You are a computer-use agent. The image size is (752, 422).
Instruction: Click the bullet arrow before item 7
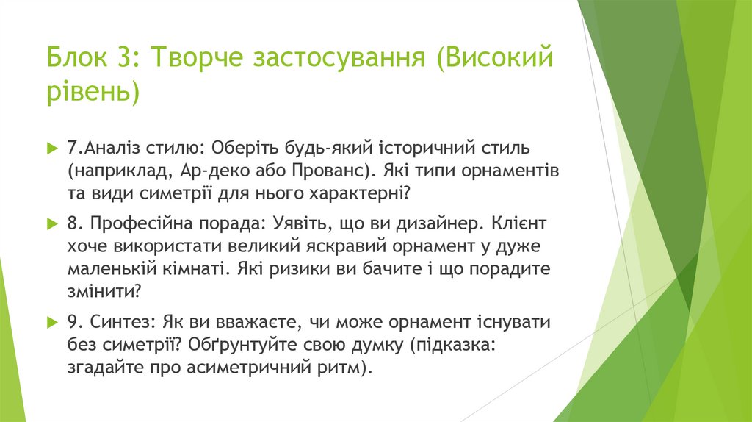tap(51, 148)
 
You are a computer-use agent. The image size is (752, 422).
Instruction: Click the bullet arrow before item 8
tap(51, 222)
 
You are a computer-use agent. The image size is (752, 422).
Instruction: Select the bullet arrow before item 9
tap(51, 321)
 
